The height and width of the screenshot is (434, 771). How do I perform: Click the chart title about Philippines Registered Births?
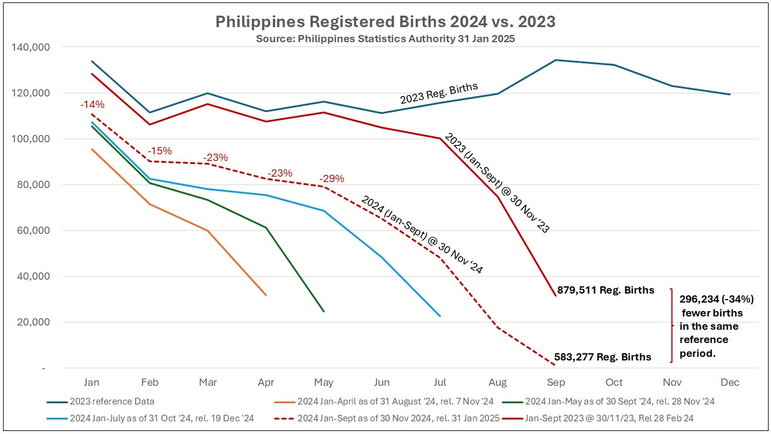point(385,22)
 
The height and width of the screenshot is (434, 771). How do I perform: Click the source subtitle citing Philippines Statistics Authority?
point(385,38)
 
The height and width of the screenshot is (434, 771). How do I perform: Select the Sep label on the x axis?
point(555,382)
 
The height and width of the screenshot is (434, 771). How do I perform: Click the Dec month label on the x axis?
point(729,382)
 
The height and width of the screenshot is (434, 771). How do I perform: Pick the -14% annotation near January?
point(92,104)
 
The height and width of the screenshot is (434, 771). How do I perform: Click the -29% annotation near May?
point(332,178)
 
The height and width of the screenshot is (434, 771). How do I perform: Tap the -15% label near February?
point(160,150)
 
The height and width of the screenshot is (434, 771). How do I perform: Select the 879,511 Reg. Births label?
point(605,290)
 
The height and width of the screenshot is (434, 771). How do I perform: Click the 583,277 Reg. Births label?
point(604,357)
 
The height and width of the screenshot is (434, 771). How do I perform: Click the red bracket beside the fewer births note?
point(672,325)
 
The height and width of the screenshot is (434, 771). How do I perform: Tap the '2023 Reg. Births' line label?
point(439,93)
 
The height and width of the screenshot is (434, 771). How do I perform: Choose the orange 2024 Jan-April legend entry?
point(385,401)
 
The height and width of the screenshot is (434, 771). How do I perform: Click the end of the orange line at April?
point(266,295)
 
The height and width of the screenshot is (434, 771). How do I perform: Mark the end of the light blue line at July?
point(440,316)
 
